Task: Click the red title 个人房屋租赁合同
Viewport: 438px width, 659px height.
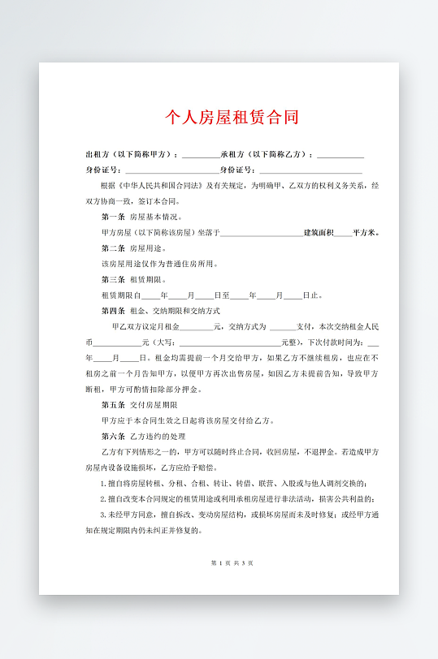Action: (232, 118)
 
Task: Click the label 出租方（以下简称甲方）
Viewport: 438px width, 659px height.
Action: (130, 154)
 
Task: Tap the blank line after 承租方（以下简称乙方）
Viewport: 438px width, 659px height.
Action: (340, 155)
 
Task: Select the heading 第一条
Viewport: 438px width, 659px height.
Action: (113, 217)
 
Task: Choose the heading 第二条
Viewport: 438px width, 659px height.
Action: (113, 248)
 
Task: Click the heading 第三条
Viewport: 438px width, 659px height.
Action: (113, 278)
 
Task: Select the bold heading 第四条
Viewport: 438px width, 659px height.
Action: (113, 310)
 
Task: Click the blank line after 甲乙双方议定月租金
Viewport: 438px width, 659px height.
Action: (196, 326)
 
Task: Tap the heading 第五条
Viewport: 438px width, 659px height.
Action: (113, 404)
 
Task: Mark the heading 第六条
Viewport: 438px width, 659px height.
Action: (113, 436)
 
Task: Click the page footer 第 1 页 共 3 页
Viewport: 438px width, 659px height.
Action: (232, 562)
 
